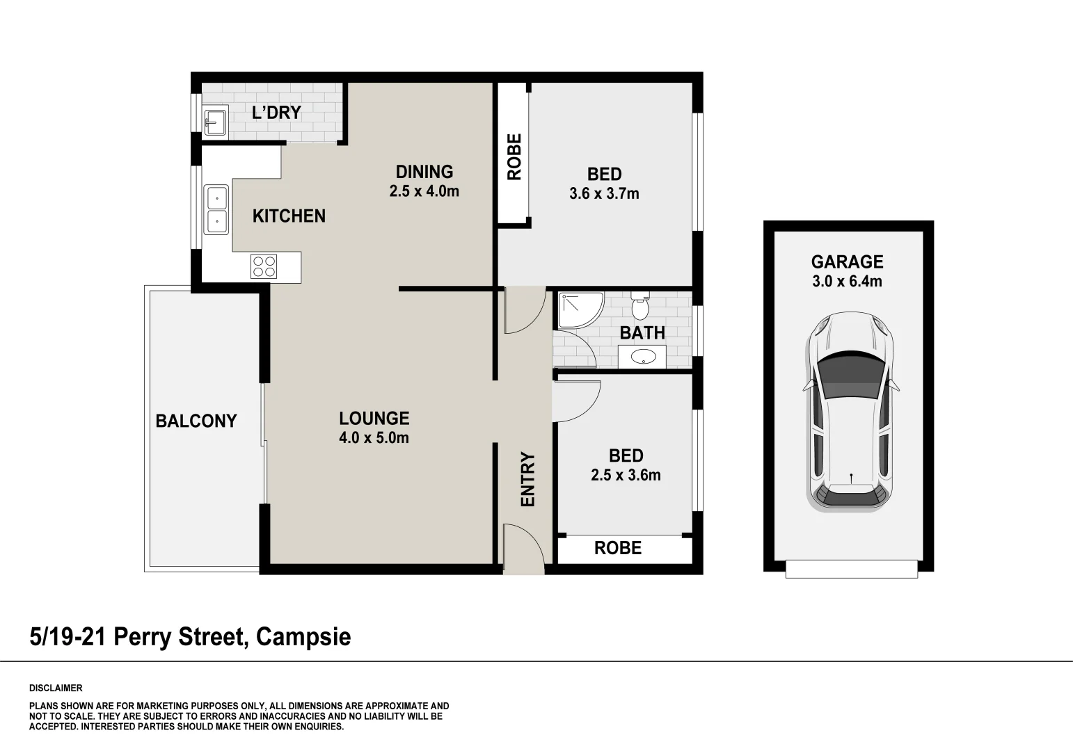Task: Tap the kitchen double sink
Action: (x=216, y=209)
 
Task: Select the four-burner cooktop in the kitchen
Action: (x=264, y=267)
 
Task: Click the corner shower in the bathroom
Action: (x=575, y=310)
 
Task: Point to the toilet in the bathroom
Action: (x=639, y=306)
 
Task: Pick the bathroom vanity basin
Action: (x=642, y=357)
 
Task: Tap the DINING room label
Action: (x=424, y=172)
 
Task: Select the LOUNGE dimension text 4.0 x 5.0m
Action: (x=374, y=438)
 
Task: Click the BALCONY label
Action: (x=196, y=421)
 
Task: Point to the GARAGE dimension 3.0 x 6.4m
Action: (x=847, y=282)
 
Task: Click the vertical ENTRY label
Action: (x=528, y=479)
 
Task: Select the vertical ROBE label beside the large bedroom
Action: (x=514, y=157)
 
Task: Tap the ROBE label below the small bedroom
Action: (x=618, y=549)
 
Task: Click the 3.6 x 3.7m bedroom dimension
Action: (x=604, y=194)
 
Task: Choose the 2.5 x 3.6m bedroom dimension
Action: (x=626, y=476)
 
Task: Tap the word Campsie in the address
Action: (x=303, y=637)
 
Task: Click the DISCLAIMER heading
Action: (x=56, y=688)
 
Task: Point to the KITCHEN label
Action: (x=289, y=216)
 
